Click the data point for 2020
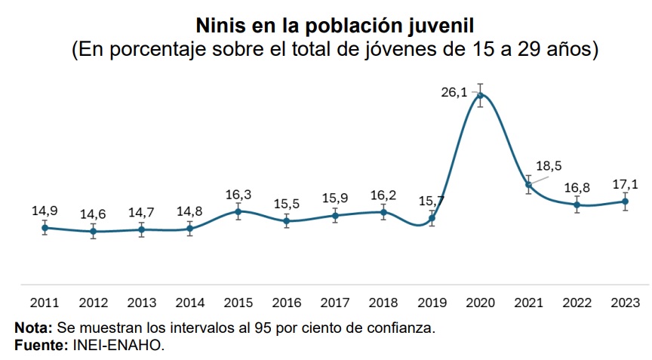point(480,95)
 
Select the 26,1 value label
point(454,92)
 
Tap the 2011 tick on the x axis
point(45,303)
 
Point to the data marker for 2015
point(238,211)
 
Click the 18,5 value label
point(549,166)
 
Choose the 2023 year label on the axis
point(625,303)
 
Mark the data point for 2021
point(528,185)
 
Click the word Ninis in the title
point(220,26)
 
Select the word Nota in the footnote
point(33,328)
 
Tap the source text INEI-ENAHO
point(118,345)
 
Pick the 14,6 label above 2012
point(93,214)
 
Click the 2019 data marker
point(432,218)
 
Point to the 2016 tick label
point(287,303)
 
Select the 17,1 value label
point(625,184)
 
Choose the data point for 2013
point(142,229)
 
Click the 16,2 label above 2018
point(383,195)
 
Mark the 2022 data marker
point(577,205)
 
